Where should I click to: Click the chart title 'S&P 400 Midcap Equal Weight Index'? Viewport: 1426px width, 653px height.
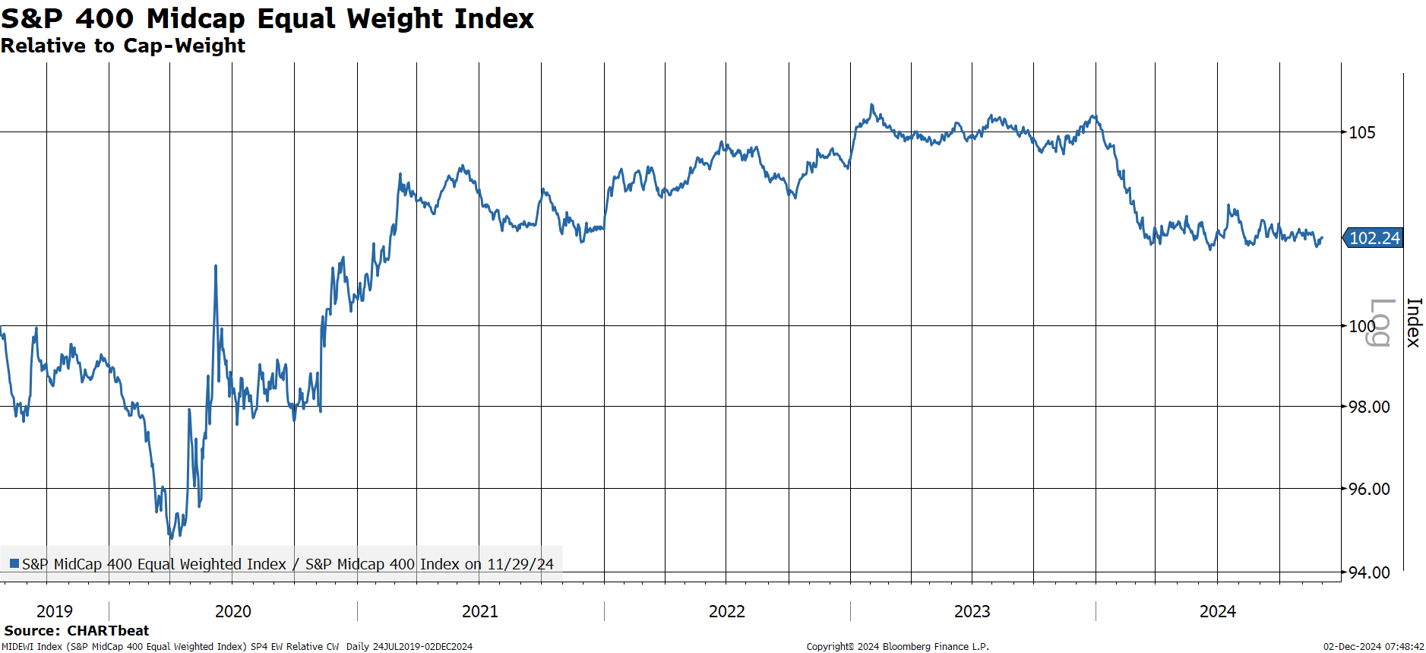tap(267, 18)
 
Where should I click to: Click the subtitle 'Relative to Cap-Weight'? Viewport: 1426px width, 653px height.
tap(123, 46)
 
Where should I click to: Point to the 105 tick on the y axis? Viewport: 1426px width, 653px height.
tap(1361, 132)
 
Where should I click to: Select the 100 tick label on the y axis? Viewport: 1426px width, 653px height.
tap(1361, 326)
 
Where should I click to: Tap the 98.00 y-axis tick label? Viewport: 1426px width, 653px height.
tap(1369, 407)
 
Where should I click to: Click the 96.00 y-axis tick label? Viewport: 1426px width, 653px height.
tap(1369, 489)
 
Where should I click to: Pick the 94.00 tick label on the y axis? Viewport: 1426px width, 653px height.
tap(1369, 572)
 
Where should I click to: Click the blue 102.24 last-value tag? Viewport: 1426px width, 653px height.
tap(1374, 238)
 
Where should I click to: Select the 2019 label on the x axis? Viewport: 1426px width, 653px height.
tap(55, 611)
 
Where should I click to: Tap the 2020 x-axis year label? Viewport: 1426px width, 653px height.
tap(233, 611)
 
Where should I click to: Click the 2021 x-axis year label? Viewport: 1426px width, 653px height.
tap(480, 611)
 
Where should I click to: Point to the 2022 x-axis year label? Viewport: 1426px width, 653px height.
tap(727, 611)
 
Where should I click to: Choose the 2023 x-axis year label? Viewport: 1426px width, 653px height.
tap(972, 611)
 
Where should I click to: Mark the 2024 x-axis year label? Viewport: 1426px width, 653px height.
tap(1218, 611)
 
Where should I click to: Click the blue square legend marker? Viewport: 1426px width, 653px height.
tap(14, 563)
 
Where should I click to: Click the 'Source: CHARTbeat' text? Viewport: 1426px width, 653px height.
tap(77, 630)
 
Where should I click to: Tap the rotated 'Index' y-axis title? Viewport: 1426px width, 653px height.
tap(1413, 322)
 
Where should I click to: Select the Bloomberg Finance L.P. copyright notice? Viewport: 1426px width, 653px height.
tap(897, 647)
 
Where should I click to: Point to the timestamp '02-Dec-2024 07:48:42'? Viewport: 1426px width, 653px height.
tap(1374, 647)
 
